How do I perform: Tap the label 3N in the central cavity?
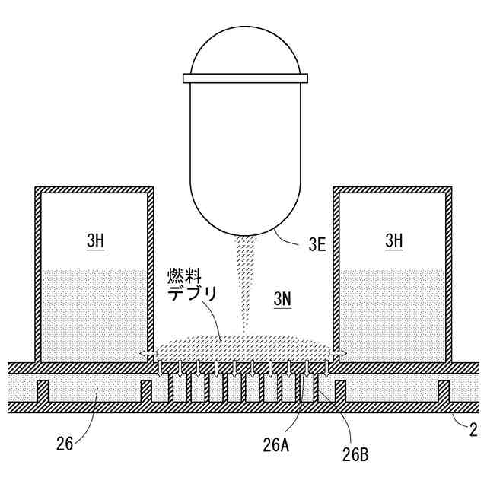click(x=282, y=299)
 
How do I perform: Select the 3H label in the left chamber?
click(x=94, y=241)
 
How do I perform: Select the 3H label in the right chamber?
click(x=393, y=241)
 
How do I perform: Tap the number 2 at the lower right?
click(x=473, y=430)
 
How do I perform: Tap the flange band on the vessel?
click(x=247, y=77)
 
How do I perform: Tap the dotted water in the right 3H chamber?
click(x=393, y=312)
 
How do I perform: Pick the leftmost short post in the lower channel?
click(x=43, y=390)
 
